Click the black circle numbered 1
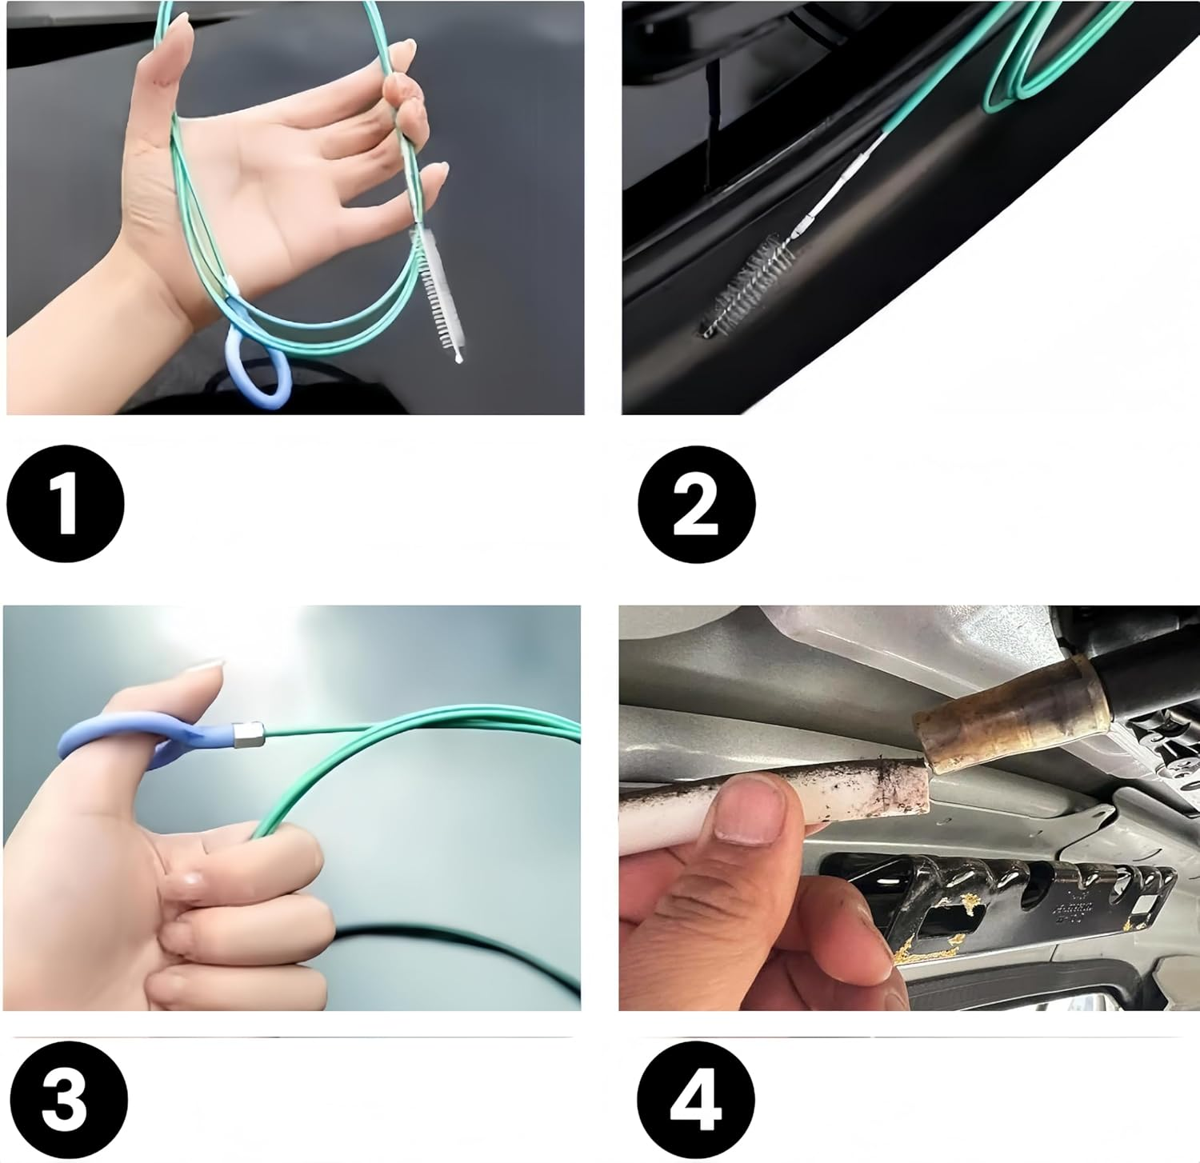click(x=66, y=504)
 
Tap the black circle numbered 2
click(x=696, y=504)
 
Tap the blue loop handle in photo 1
click(x=257, y=367)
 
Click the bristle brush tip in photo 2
click(x=748, y=288)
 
